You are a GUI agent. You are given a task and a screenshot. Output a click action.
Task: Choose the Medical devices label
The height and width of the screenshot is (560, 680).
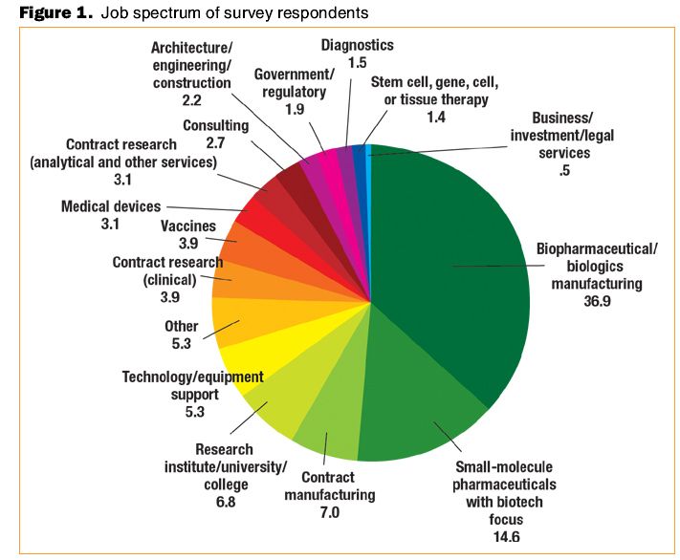click(111, 205)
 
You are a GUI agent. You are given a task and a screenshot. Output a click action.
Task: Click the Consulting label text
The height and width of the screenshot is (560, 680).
click(215, 125)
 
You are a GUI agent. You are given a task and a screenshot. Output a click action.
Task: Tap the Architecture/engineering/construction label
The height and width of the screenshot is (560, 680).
click(190, 65)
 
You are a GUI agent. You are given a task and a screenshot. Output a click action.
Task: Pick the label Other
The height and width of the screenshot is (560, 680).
click(182, 326)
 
